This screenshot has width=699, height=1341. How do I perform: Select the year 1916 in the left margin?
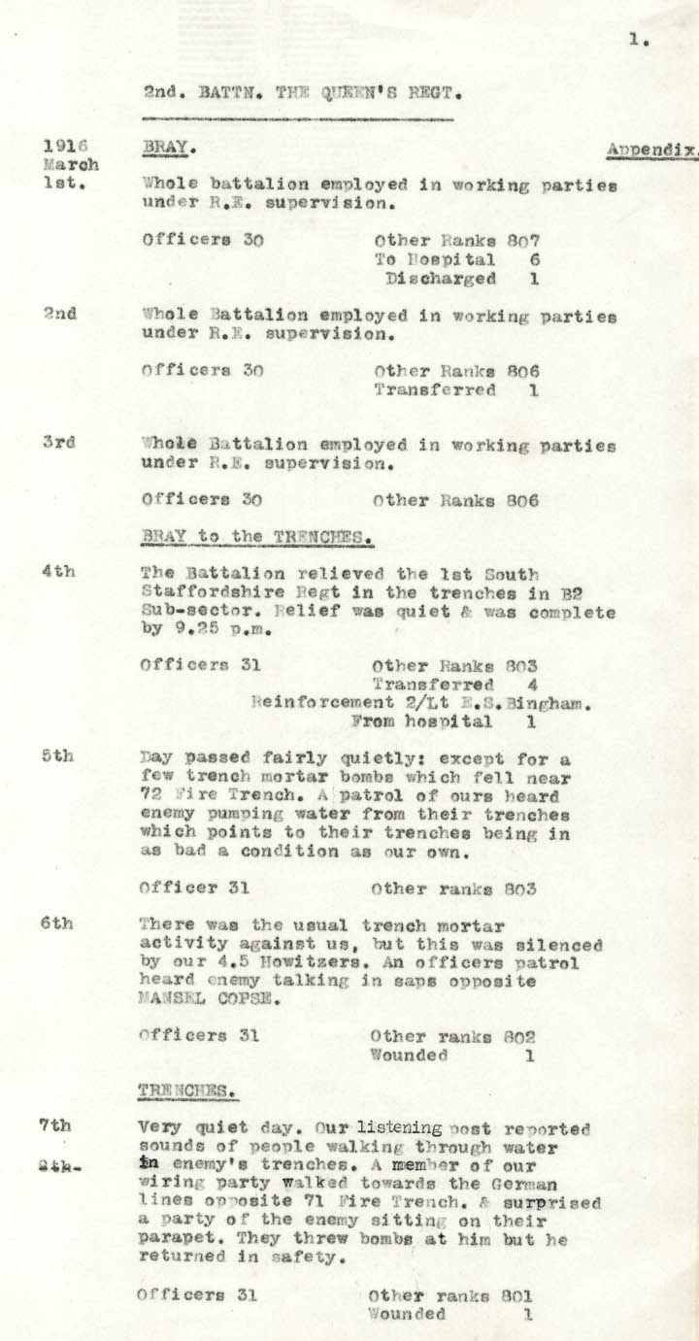click(60, 147)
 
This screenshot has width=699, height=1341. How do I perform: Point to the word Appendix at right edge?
click(650, 151)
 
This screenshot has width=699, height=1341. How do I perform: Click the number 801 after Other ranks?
click(516, 1295)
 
